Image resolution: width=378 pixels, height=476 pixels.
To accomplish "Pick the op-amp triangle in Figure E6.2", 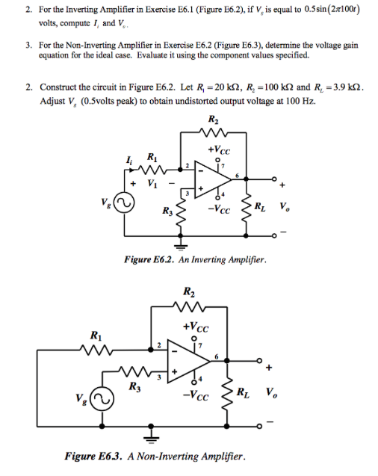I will [x=211, y=178].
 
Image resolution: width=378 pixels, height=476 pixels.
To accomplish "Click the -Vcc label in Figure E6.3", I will [x=199, y=395].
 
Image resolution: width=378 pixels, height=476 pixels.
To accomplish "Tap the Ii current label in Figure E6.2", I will [x=132, y=156].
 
